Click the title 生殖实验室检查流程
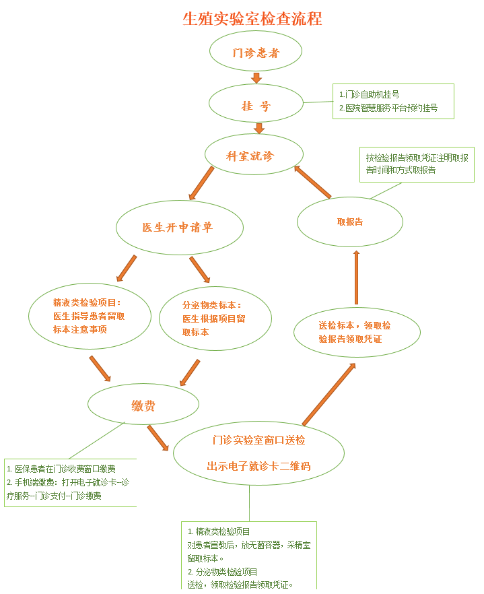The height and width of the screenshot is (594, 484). click(x=252, y=19)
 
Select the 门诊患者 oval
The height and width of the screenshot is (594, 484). click(x=256, y=53)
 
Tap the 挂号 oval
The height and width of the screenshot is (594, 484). click(x=256, y=106)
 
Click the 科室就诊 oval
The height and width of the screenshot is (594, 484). click(x=250, y=155)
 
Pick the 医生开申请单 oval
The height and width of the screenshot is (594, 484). click(x=179, y=227)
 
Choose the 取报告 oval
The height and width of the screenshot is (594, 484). click(x=349, y=222)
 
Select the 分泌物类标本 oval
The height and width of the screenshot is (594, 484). click(x=215, y=318)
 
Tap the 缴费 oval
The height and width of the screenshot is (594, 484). click(x=143, y=405)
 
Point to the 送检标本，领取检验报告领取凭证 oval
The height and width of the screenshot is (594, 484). click(x=357, y=332)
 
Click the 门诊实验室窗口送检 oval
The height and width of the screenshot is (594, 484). click(x=258, y=453)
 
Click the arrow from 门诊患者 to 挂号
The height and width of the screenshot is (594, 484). click(x=256, y=77)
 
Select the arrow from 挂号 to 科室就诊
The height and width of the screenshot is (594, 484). click(x=259, y=128)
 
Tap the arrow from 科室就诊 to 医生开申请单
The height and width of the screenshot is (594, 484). click(x=201, y=183)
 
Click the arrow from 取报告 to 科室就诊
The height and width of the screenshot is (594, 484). click(x=313, y=183)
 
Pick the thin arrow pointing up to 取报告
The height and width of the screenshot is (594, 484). click(x=356, y=277)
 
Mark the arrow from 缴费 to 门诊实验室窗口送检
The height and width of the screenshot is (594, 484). click(x=158, y=438)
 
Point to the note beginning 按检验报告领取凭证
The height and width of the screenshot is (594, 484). click(x=417, y=164)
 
